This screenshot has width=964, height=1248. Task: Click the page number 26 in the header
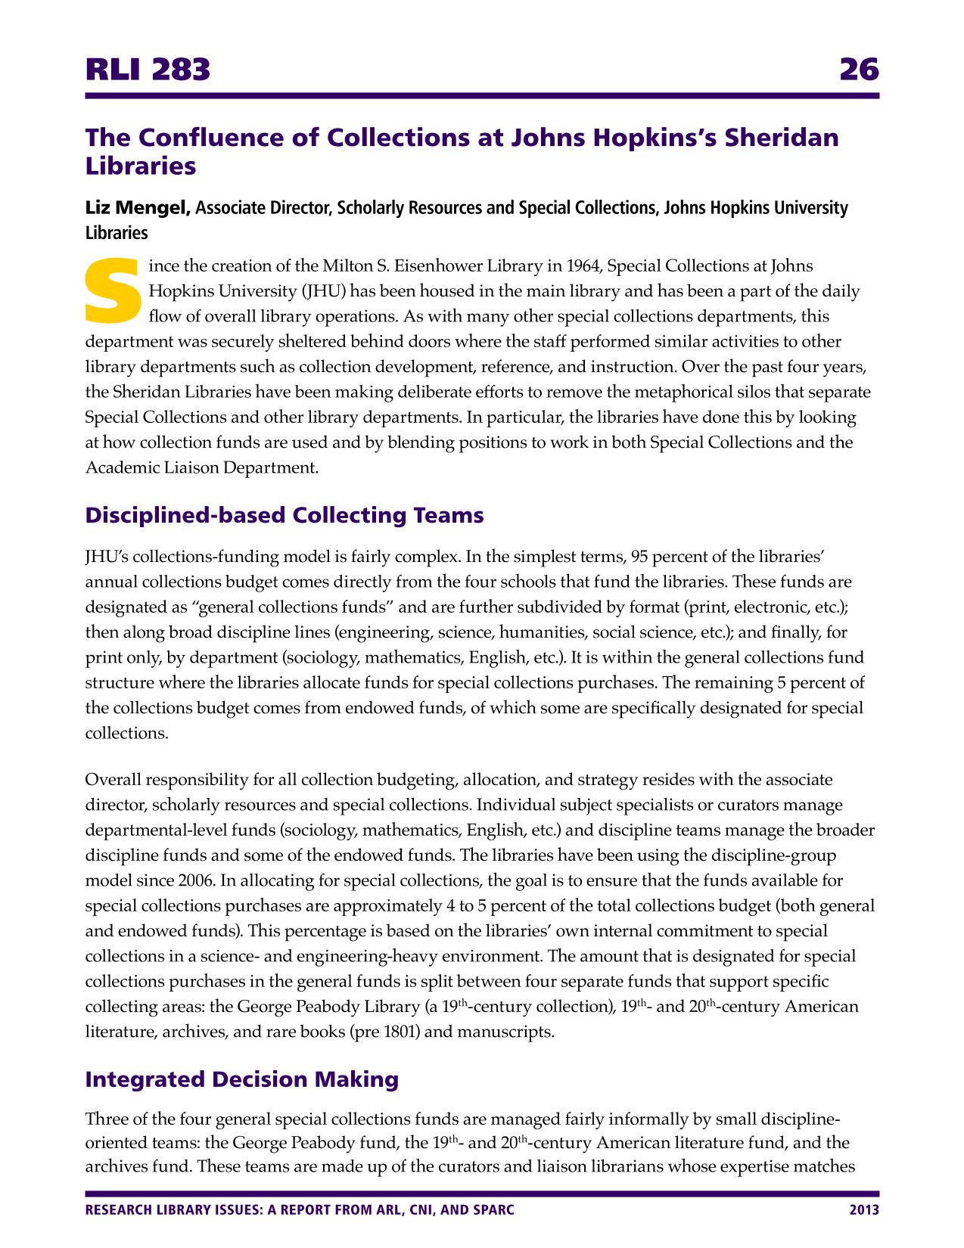tap(859, 70)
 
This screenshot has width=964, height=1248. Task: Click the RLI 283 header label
tap(148, 70)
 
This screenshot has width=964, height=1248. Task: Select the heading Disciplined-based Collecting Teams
tap(285, 515)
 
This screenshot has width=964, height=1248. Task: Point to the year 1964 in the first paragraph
tap(580, 266)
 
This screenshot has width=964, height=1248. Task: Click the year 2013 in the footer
tap(864, 1210)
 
